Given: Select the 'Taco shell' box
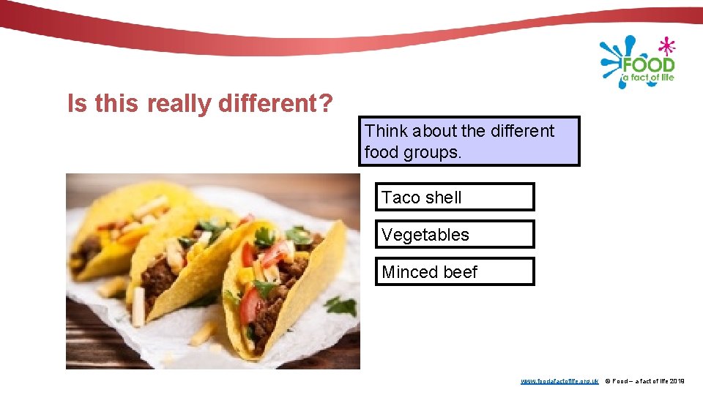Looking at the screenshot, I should coord(455,197).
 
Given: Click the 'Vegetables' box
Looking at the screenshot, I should coord(455,234).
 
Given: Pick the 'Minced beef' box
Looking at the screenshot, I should coord(455,271).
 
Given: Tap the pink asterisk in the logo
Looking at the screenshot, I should coord(666,46).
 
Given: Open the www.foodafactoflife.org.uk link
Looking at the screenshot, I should coord(559,381).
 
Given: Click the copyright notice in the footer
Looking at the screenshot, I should coord(645,381).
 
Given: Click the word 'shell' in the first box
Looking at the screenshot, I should coord(443,197).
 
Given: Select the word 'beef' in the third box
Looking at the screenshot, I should coord(461,272).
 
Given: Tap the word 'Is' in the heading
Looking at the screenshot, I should coord(75,105).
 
